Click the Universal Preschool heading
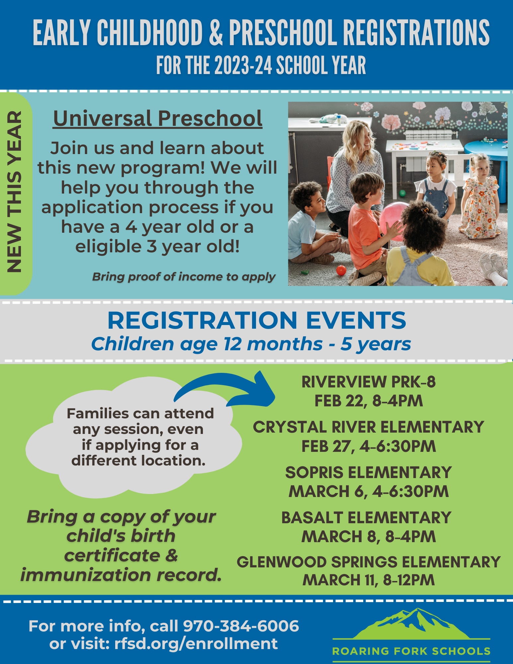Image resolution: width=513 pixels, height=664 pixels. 158,119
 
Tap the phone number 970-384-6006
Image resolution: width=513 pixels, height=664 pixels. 241,626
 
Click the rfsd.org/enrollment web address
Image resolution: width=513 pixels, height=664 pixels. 196,643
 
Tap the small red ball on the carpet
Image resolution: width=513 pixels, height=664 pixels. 341,270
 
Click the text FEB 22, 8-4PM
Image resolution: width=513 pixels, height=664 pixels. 369,401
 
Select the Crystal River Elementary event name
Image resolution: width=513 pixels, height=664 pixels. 368,427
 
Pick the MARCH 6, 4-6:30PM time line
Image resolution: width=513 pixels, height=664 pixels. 369,492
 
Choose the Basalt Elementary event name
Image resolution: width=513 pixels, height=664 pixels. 366,518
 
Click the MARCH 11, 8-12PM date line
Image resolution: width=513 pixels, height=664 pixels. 369,580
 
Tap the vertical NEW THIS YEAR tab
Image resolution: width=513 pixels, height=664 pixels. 15,193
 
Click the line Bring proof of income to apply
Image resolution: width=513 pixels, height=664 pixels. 184,277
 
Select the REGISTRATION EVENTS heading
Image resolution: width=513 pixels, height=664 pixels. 257,320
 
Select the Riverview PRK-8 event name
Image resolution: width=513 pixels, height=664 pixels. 369,382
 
